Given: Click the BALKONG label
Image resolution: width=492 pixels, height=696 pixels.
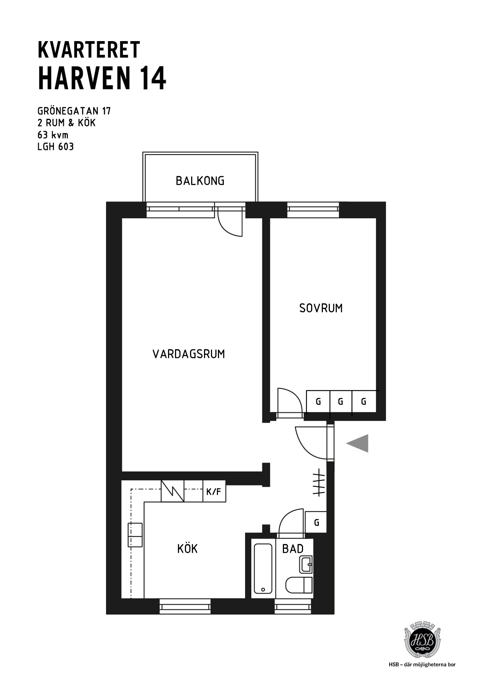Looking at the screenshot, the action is (x=200, y=181).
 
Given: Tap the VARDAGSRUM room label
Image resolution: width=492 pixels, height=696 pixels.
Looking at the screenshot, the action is (x=189, y=354).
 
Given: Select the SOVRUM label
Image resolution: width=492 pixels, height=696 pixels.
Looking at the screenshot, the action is (x=321, y=308).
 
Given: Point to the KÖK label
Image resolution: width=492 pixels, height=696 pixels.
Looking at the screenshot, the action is (x=187, y=549).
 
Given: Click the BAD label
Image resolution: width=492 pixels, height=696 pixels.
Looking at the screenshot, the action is (x=293, y=549).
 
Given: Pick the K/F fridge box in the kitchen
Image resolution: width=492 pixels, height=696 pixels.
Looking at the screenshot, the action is (x=214, y=491).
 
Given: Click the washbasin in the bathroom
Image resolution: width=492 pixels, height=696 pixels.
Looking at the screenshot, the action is (x=306, y=564).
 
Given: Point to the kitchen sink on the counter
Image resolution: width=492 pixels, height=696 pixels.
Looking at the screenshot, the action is (x=135, y=535).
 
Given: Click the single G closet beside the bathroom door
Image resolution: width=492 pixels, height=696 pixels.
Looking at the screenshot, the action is (x=316, y=522).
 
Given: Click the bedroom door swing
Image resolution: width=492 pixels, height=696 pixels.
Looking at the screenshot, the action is (x=294, y=394).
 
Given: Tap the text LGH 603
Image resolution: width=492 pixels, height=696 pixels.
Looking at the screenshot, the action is (x=56, y=147).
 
